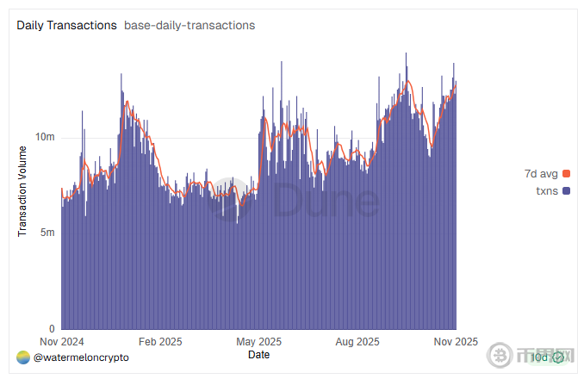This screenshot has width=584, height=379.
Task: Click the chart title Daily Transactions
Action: (x=66, y=25)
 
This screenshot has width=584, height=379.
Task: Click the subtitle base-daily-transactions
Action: (x=189, y=25)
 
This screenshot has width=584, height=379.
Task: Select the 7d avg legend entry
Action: (x=542, y=174)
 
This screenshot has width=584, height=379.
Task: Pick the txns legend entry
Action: (x=547, y=190)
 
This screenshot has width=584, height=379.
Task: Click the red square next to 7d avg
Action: (x=566, y=174)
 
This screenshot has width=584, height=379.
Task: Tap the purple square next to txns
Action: (x=566, y=190)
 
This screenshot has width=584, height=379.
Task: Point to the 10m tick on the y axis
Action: (x=47, y=138)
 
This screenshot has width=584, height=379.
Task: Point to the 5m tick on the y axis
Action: (x=47, y=233)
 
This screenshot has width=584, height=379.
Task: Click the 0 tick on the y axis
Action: (x=52, y=329)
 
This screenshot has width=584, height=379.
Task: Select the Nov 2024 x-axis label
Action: (x=62, y=341)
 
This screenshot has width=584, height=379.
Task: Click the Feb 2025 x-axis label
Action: (x=160, y=341)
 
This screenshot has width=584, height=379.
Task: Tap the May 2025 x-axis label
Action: (x=258, y=341)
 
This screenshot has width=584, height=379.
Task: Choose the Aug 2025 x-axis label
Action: (x=357, y=341)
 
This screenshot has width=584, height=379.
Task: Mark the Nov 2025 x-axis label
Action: (x=455, y=341)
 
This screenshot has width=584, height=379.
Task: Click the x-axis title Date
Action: (x=258, y=354)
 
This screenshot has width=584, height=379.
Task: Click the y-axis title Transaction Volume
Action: (x=23, y=191)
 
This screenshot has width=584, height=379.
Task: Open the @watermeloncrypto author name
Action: (x=81, y=357)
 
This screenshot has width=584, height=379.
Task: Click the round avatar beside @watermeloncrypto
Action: (x=23, y=357)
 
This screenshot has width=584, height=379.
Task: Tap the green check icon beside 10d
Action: (x=558, y=357)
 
